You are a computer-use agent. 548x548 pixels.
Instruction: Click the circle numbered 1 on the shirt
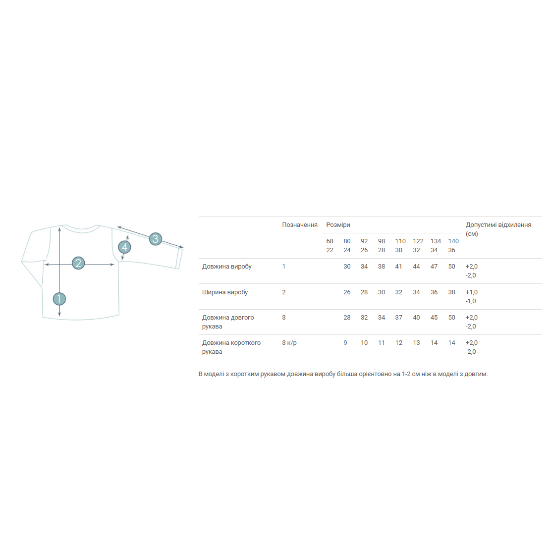(x=59, y=299)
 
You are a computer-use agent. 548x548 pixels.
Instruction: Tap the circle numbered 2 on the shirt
(x=78, y=263)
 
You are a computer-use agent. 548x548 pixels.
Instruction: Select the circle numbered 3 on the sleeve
(x=156, y=239)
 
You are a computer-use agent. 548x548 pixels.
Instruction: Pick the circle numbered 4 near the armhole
(x=124, y=247)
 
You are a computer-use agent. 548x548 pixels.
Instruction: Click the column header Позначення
(x=299, y=225)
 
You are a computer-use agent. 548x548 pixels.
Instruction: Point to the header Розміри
(x=338, y=225)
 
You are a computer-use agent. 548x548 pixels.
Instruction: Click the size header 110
(x=400, y=241)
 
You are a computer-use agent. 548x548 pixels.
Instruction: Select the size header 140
(x=453, y=241)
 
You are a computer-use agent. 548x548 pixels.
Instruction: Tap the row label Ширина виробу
(x=225, y=292)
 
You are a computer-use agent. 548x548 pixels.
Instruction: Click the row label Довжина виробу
(x=226, y=266)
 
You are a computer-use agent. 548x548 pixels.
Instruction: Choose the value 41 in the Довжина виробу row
(x=398, y=266)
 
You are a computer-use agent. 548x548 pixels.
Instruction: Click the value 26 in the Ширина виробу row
(x=347, y=292)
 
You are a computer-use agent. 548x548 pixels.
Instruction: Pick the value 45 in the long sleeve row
(x=434, y=317)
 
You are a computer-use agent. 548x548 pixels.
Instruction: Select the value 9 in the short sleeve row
(x=345, y=343)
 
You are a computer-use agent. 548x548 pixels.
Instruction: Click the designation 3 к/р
(x=289, y=343)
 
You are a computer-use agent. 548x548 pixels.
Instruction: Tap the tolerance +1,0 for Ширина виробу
(x=472, y=292)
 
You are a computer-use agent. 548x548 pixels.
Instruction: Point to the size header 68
(x=329, y=241)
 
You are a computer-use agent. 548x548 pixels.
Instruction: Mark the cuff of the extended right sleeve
(x=179, y=258)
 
